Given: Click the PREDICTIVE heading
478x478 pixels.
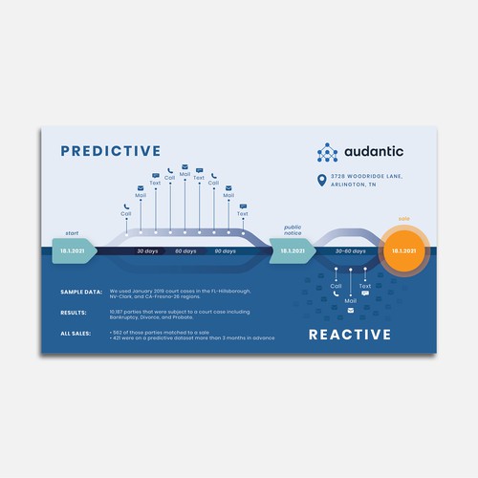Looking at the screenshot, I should (x=110, y=150).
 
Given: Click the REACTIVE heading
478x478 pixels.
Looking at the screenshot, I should (x=350, y=335).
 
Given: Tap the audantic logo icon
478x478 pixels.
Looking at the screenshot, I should (x=328, y=152).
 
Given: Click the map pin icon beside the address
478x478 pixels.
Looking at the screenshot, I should (x=322, y=181).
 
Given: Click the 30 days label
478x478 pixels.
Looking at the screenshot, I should (x=146, y=250).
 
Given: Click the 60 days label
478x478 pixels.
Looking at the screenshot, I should (x=185, y=250).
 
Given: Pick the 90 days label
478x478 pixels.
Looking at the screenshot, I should (x=225, y=250).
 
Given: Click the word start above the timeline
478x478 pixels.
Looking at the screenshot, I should (x=72, y=233).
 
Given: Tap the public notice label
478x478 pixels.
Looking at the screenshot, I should (x=293, y=230).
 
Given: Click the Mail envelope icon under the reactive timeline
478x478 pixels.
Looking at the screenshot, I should (x=350, y=311).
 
